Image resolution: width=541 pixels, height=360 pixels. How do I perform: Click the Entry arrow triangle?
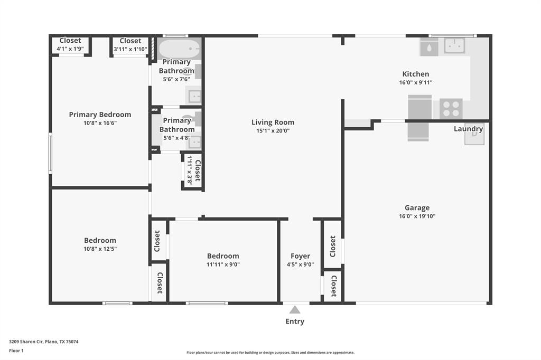(295, 310)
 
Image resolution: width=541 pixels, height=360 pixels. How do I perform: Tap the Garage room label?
(417, 208)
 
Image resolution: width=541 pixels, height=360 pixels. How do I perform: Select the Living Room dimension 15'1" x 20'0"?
(273, 131)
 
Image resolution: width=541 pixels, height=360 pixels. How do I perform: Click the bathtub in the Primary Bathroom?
(179, 49)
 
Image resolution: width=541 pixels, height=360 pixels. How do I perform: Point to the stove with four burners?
(451, 109)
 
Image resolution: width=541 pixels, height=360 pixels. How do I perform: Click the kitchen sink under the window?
(454, 46)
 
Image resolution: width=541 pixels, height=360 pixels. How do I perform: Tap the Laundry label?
(468, 129)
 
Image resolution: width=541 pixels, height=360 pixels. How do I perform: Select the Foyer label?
(300, 256)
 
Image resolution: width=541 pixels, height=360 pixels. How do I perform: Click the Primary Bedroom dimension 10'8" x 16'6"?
(100, 123)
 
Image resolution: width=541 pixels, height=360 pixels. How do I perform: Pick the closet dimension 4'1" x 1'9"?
(70, 49)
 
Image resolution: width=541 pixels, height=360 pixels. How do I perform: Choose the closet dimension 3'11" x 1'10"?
(130, 49)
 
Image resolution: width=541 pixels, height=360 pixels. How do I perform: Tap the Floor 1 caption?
(16, 350)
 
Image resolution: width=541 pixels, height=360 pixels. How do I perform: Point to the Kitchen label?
(416, 74)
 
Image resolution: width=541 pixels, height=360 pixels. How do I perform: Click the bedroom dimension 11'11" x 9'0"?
(223, 264)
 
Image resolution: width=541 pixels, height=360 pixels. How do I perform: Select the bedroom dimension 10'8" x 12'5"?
(100, 249)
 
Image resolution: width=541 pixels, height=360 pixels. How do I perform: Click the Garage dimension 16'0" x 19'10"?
(417, 216)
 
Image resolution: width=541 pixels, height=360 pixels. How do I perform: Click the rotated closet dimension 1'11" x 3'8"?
(189, 169)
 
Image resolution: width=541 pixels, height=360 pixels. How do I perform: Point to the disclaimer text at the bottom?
(270, 353)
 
